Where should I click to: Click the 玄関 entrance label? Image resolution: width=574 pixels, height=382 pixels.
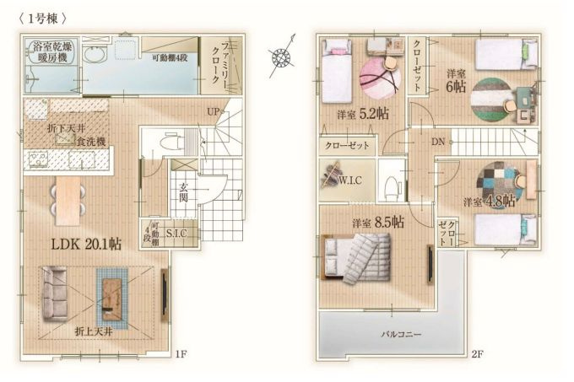click(183, 193)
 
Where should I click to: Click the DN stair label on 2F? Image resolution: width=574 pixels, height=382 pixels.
click(438, 142)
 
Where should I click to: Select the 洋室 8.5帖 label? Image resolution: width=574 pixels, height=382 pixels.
click(377, 223)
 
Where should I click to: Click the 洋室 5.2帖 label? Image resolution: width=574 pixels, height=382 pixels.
click(362, 114)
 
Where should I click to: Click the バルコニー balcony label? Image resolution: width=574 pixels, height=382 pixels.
click(395, 335)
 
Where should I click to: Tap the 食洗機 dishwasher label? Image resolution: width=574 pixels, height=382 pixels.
click(89, 142)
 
